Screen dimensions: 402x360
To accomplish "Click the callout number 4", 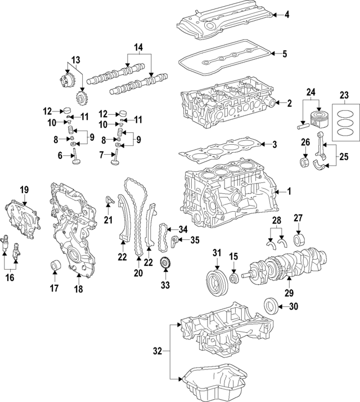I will (287, 14).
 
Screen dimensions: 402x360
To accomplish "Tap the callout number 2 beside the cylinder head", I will (289, 103).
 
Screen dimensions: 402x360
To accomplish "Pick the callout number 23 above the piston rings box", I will (344, 95).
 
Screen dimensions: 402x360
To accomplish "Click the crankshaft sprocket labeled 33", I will (165, 263).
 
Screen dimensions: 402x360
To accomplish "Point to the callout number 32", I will (158, 351).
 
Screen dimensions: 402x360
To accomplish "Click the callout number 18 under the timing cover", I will (78, 289).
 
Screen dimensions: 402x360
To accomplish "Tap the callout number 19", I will (24, 189).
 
